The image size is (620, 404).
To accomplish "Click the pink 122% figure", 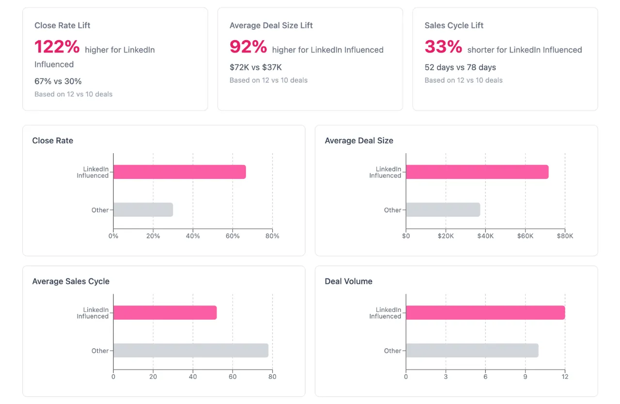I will (x=57, y=47).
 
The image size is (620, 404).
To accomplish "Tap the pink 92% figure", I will (x=248, y=47).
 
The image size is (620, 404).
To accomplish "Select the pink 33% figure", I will (x=443, y=47).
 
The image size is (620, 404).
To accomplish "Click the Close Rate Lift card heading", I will (x=62, y=25).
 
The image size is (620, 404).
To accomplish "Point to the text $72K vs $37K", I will (x=255, y=67).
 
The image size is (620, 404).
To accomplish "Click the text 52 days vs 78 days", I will (x=460, y=67).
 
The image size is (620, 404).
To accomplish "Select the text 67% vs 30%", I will (x=58, y=81).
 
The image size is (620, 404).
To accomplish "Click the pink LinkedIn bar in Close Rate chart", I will (x=179, y=172).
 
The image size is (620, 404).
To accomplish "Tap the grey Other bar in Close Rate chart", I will (x=143, y=210).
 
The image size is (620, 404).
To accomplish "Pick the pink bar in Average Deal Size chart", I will (x=477, y=172).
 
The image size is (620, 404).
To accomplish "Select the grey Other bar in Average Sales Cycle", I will (x=190, y=350).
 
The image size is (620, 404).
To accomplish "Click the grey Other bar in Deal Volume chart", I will (x=472, y=350).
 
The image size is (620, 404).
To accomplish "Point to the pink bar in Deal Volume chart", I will (x=485, y=312).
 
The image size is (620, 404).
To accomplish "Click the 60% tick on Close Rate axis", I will (x=232, y=236).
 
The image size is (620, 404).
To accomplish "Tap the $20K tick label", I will (x=446, y=236).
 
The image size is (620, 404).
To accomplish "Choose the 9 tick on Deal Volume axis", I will (x=525, y=376).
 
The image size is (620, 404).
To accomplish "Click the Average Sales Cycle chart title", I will (x=71, y=281).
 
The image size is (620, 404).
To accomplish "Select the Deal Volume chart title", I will (x=348, y=281).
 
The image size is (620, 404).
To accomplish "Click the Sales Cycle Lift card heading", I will (x=454, y=25).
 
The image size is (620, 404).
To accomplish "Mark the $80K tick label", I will (x=565, y=236).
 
